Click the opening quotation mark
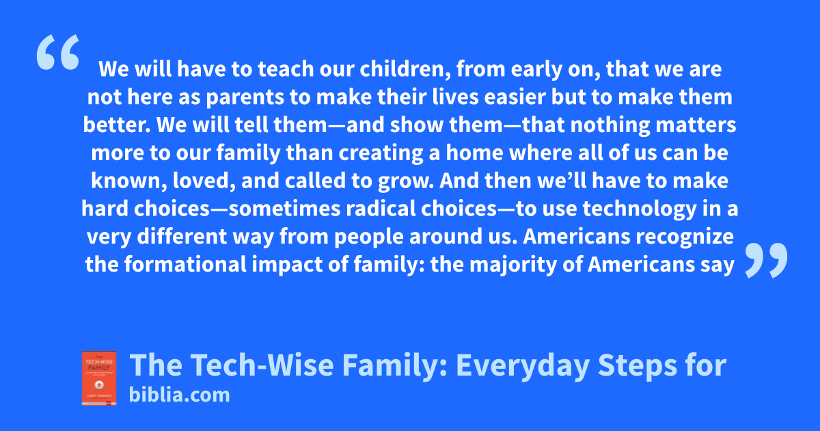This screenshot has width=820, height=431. (x=58, y=52)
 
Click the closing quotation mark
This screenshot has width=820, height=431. (x=766, y=260)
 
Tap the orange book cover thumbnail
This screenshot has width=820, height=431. (x=99, y=378)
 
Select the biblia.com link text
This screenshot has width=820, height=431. (x=179, y=395)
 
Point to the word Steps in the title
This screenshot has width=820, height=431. (x=638, y=365)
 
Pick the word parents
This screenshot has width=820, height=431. (x=245, y=97)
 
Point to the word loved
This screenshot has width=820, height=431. (x=204, y=181)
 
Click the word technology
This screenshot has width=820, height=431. (x=639, y=209)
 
